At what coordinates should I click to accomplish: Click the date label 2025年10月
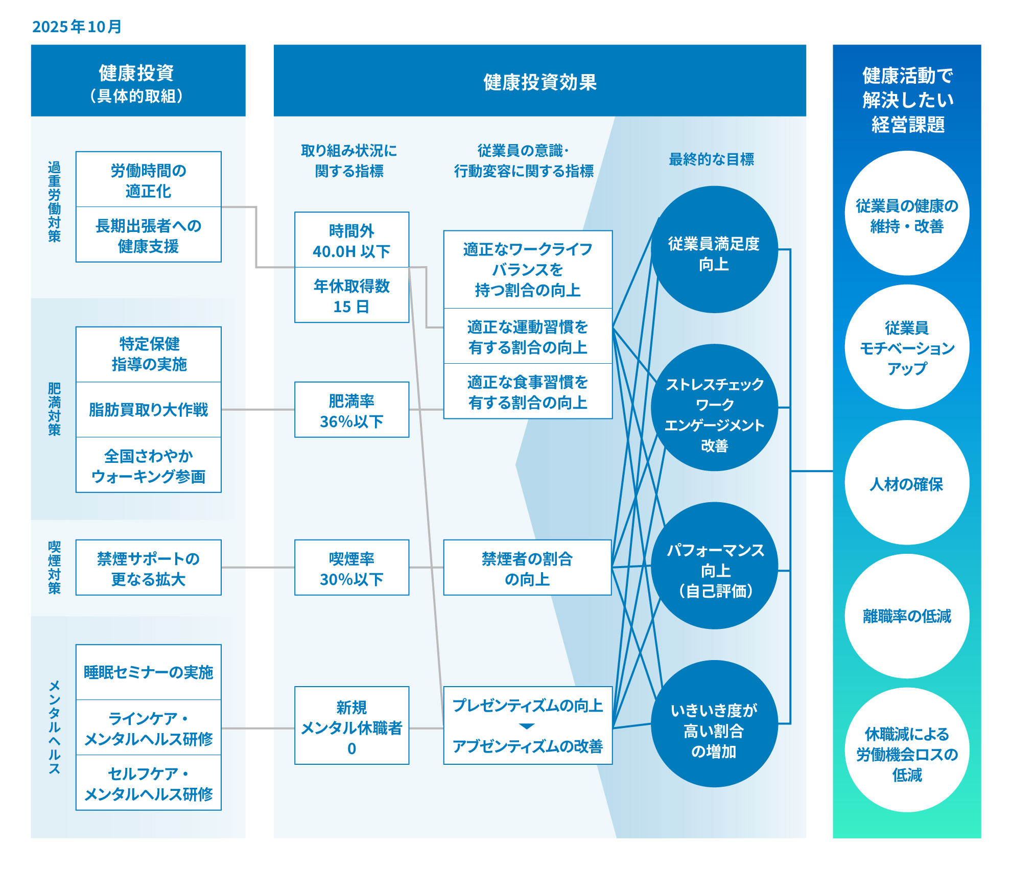pos(77,27)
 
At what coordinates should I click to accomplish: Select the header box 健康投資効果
pos(539,82)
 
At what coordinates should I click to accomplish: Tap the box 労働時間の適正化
pos(148,180)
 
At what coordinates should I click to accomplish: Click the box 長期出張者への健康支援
pos(148,235)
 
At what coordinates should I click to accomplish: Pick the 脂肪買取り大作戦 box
pos(148,410)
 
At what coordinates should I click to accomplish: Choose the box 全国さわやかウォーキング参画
pos(148,465)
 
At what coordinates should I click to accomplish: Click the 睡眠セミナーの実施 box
pos(148,672)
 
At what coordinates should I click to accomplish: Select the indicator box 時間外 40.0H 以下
pos(351,240)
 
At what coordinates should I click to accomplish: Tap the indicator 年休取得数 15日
pos(351,296)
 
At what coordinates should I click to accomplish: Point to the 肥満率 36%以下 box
pos(351,410)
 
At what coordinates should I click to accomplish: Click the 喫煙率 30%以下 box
pos(351,568)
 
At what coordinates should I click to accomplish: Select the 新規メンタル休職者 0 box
pos(351,726)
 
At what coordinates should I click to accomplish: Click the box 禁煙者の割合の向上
pos(527,568)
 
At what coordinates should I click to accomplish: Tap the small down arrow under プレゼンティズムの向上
pos(527,726)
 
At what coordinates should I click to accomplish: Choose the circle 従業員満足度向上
pos(714,250)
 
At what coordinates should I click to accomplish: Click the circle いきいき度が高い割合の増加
pos(714,724)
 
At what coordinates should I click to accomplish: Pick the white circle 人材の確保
pos(907,483)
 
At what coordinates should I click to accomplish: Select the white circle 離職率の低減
pos(907,616)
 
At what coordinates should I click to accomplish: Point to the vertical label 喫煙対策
pos(54,568)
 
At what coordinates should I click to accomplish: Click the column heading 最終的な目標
pos(711,159)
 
